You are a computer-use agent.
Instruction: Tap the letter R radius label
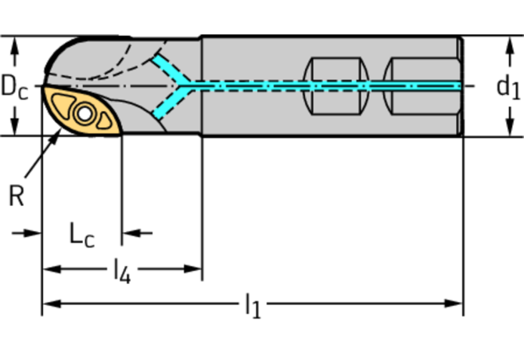[16, 196]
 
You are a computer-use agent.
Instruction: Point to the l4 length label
[121, 271]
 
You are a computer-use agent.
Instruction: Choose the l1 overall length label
[252, 306]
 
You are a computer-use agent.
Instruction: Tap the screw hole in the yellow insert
[102, 120]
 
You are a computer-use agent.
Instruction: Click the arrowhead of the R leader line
[56, 138]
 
